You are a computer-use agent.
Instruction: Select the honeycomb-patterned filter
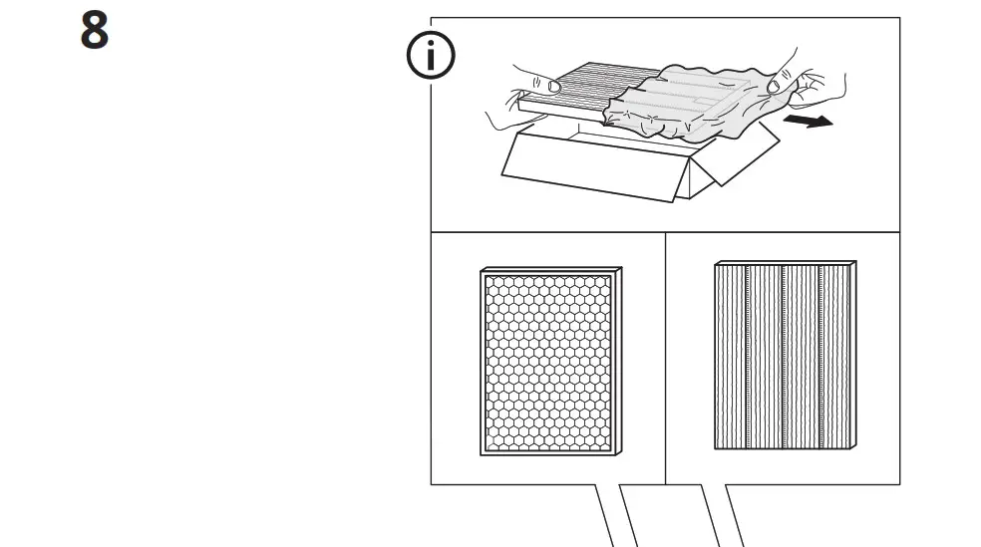pos(549,361)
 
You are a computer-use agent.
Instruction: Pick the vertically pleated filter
pos(783,355)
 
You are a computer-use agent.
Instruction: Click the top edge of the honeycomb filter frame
pos(551,270)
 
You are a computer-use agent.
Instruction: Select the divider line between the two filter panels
pos(665,359)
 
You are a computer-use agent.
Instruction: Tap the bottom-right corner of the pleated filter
pos(849,447)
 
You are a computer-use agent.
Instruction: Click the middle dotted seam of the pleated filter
pos(784,355)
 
